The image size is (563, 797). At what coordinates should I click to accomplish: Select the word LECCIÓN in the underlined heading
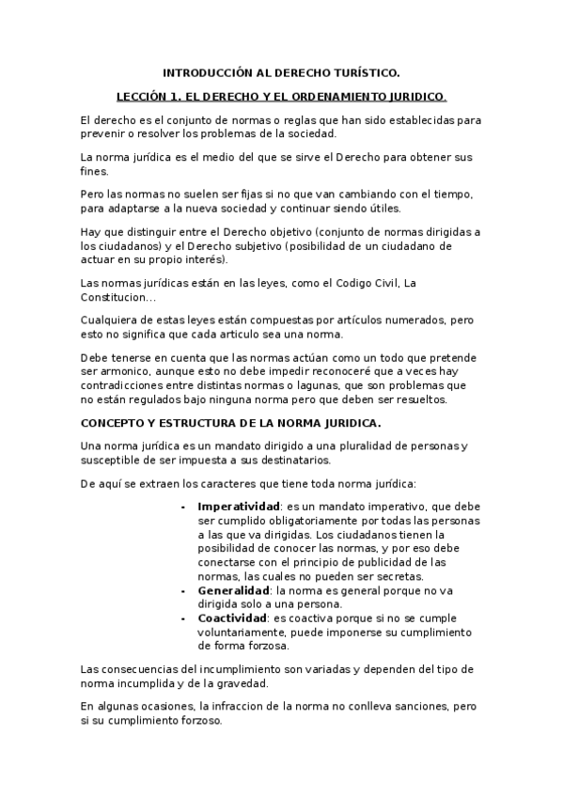(139, 96)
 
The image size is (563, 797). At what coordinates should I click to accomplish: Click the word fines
(95, 171)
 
